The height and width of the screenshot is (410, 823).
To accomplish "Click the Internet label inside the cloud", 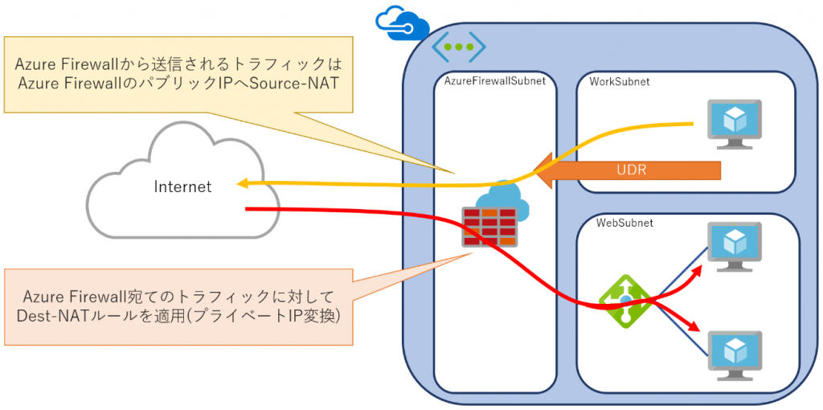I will tap(182, 187).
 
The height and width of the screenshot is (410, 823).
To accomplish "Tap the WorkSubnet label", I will tap(620, 81).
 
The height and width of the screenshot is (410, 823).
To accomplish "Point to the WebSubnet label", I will tap(624, 222).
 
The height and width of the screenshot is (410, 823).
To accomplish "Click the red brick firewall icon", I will tap(488, 227).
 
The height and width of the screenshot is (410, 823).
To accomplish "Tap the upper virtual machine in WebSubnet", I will tap(734, 244).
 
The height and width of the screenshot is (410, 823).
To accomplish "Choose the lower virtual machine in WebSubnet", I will tap(734, 355).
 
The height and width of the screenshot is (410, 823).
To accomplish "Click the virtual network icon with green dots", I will tap(459, 47).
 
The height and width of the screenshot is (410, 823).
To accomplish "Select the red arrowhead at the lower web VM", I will tap(692, 329).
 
